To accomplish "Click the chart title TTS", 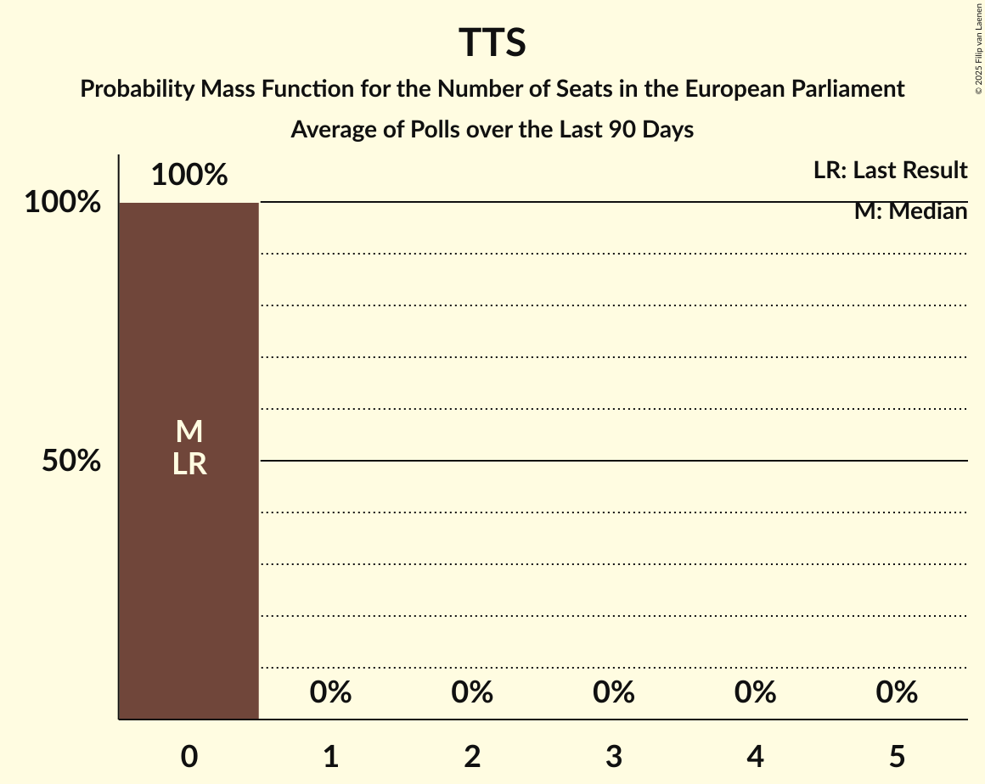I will point(492,42).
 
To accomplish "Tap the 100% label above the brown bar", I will point(189,175).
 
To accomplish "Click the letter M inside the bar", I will point(189,432).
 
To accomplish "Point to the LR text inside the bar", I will point(189,464).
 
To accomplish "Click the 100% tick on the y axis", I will point(63,203).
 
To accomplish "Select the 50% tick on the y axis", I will point(72,461).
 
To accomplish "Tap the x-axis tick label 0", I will point(189,756).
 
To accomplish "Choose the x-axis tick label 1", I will point(331,756).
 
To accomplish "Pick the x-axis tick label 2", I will point(472,756).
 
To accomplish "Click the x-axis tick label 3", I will point(614,756).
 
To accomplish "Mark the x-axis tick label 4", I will point(756,756).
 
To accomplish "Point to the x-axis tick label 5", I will point(897,756).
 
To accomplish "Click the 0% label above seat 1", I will point(331,692).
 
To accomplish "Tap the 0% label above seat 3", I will point(614,692).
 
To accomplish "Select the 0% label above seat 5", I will point(897,692).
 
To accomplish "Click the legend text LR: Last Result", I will point(890,171).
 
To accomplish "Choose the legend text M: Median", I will point(910,211).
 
